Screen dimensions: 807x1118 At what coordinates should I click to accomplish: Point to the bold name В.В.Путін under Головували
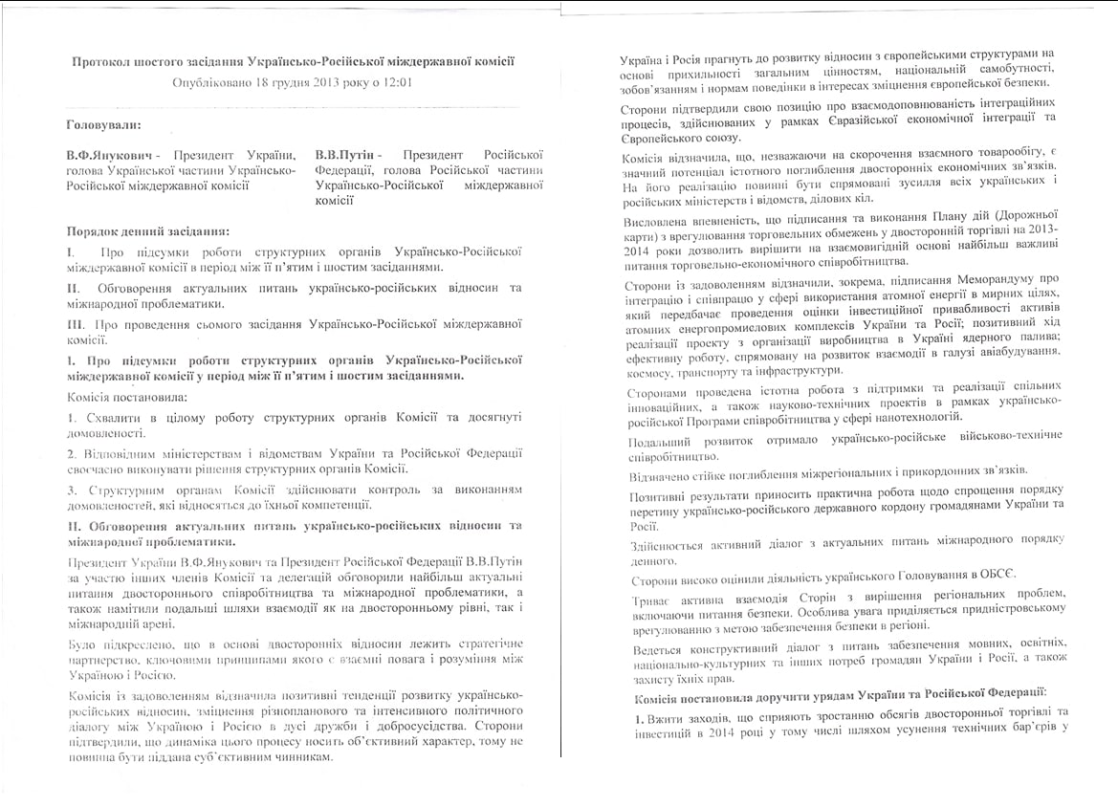[347, 155]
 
